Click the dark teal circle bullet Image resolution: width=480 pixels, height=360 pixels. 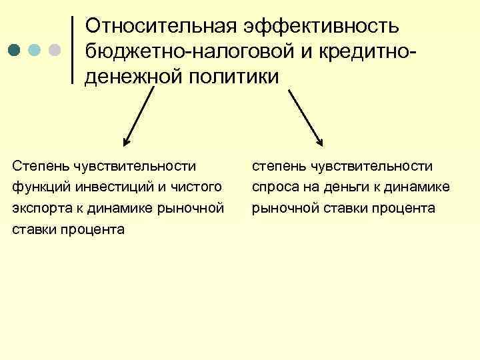[x=15, y=51]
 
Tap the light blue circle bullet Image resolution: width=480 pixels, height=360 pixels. [x=35, y=51]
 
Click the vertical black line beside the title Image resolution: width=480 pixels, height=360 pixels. [x=72, y=50]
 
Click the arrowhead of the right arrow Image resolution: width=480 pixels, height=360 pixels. [x=320, y=141]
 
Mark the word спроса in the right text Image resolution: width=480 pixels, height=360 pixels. [x=271, y=187]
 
